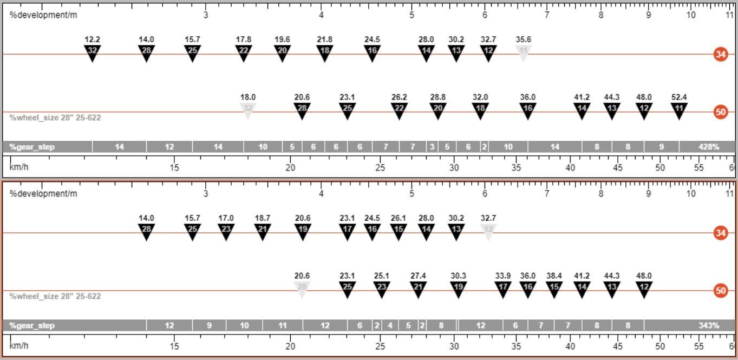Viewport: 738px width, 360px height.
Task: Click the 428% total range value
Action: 709,147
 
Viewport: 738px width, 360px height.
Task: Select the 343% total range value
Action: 709,326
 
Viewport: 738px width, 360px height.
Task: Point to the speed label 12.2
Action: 92,40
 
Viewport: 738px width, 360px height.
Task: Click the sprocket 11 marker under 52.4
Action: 679,110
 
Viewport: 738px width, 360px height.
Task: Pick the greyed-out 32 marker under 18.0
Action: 248,110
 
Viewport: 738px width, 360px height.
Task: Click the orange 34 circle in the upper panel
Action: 721,54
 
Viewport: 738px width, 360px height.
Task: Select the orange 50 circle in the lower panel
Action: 721,291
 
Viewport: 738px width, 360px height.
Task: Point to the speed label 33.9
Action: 503,276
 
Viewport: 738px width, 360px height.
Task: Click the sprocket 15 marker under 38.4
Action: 554,289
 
